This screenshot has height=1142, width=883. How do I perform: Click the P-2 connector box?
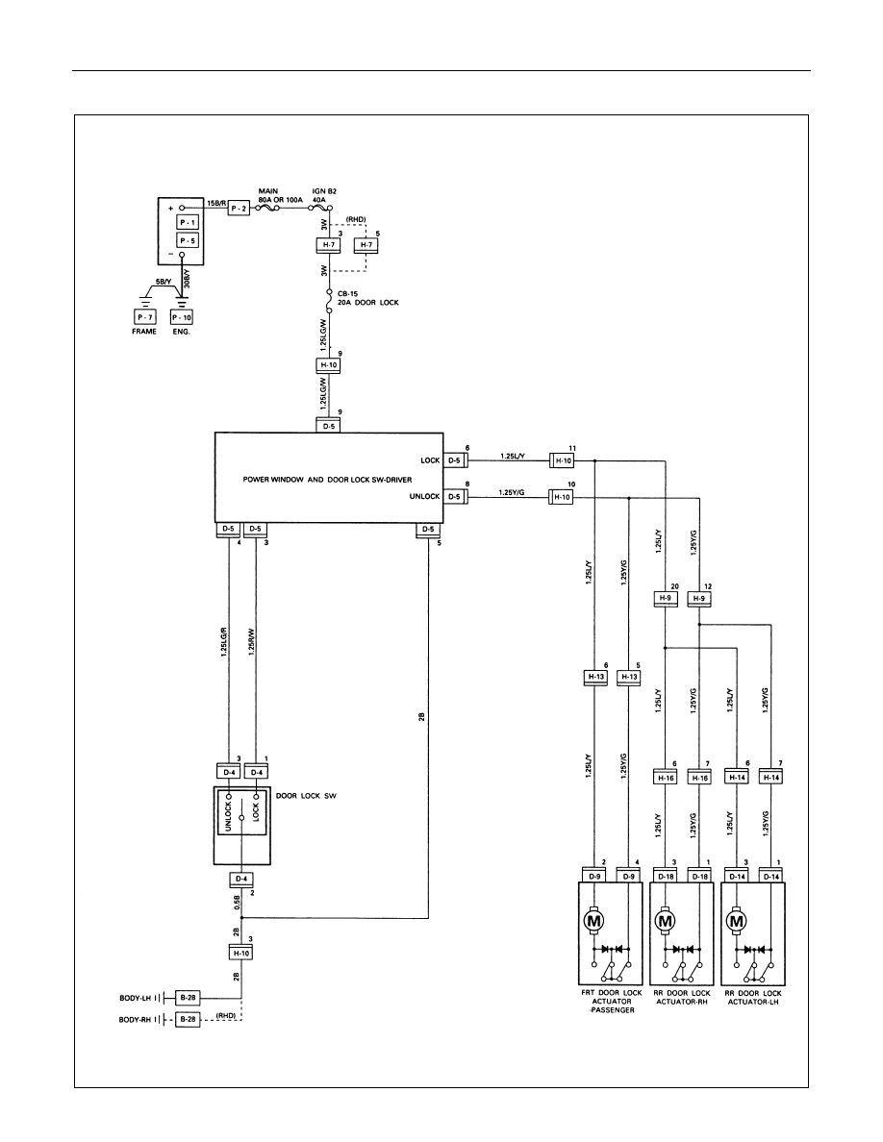240,209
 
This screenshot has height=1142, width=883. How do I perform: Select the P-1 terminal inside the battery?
188,222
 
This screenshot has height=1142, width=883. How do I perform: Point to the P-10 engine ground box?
182,317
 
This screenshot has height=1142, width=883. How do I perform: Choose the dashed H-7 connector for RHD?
366,245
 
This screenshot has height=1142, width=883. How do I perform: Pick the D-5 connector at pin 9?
329,425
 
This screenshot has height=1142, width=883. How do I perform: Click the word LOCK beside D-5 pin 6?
430,460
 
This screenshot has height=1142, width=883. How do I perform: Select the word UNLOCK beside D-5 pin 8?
425,496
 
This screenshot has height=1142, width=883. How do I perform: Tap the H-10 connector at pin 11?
563,460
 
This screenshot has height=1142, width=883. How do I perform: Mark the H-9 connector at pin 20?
665,599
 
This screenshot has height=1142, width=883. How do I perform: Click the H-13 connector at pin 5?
629,677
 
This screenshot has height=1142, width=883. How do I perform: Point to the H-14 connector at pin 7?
771,777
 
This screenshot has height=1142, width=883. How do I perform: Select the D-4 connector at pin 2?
240,879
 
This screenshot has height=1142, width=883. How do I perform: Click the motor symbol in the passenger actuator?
593,921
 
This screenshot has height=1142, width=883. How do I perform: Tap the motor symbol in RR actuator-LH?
736,921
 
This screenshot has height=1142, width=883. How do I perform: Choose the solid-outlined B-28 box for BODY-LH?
188,998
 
